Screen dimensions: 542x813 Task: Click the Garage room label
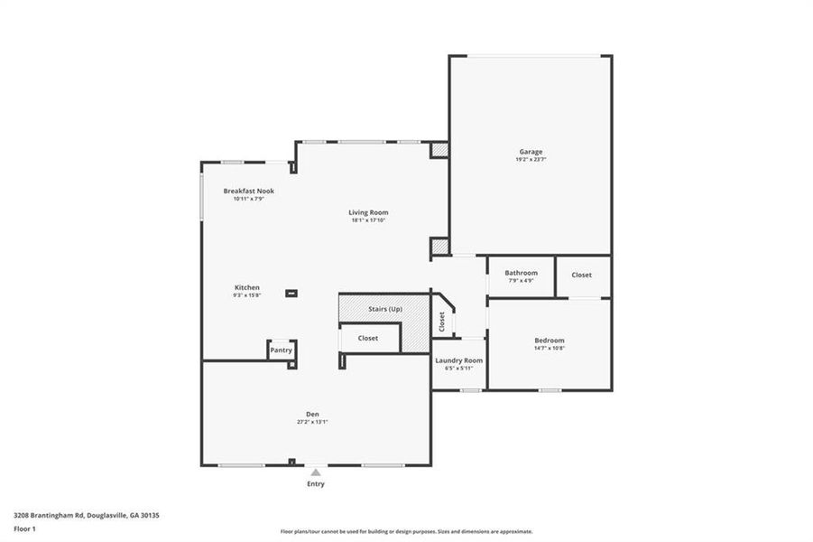tap(531, 152)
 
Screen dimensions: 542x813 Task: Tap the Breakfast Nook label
tap(249, 191)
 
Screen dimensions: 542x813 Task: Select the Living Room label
tap(368, 212)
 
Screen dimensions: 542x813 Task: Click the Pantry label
tap(282, 350)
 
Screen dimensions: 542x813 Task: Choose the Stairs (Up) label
tap(385, 309)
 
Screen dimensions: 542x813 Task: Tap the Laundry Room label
tap(458, 360)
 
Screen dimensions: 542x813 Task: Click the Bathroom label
tap(521, 273)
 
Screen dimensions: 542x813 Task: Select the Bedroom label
tap(549, 341)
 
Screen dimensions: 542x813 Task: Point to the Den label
tap(312, 414)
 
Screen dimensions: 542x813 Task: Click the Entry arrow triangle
tap(315, 472)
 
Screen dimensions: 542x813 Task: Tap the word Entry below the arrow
tap(315, 484)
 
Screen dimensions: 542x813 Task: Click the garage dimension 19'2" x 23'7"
tap(531, 160)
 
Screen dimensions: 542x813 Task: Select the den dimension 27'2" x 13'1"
tap(312, 422)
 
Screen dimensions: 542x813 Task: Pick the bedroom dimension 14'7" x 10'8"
tap(549, 349)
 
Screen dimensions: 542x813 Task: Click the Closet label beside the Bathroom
tap(582, 275)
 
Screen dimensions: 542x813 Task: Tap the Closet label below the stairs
tap(367, 338)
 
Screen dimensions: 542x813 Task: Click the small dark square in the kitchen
tap(291, 293)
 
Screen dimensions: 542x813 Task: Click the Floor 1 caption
tap(24, 530)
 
